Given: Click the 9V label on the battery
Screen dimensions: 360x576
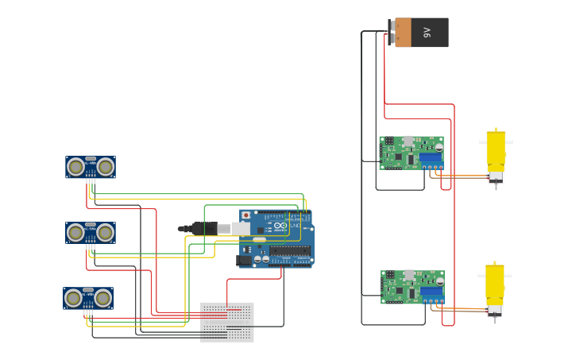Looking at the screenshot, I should [x=427, y=33].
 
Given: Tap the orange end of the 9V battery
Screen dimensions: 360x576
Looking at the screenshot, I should [x=403, y=33].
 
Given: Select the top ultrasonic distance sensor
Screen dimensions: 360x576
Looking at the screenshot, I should [x=91, y=167].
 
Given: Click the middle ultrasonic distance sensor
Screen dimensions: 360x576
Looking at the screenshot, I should [x=91, y=233].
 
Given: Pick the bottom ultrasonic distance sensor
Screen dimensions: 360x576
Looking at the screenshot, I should [x=88, y=298].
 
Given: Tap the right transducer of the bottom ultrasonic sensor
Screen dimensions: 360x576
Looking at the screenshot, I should [x=102, y=299].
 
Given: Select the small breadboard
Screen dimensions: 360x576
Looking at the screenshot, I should [x=227, y=322].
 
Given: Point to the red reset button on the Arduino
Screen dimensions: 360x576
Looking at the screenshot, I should [x=246, y=215].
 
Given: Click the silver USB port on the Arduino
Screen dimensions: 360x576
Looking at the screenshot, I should [x=241, y=229].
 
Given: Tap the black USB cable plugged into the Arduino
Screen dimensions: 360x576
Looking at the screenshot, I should [x=203, y=228].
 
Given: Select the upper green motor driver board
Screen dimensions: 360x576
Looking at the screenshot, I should [x=411, y=153].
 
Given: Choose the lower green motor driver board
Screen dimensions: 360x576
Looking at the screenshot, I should [x=412, y=287].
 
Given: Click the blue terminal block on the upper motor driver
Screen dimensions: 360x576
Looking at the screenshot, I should [x=431, y=157].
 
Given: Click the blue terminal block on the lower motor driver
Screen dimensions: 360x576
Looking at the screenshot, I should [x=431, y=292].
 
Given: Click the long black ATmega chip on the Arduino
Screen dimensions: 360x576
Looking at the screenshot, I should [x=289, y=251].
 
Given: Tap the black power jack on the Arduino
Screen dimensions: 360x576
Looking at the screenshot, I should [x=245, y=259].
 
